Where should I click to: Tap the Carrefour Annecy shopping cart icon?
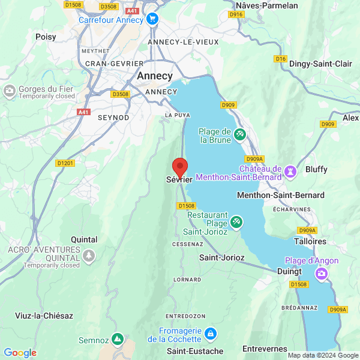pos(152,20)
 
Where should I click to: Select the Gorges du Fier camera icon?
pos(10,91)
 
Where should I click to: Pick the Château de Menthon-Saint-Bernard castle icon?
pos(290,171)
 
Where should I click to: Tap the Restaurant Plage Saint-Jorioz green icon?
pos(236,222)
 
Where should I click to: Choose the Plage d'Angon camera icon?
pos(322,274)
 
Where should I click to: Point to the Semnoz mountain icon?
pos(118,340)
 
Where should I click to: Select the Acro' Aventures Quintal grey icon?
pos(89,256)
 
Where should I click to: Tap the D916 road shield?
pos(236,14)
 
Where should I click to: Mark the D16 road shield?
pos(280,58)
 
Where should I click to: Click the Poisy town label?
pos(46,37)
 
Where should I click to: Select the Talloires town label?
pos(310,241)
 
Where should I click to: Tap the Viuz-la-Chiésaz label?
pos(45,316)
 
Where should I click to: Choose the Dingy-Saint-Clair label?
pos(319,64)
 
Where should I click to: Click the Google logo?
pos(20,353)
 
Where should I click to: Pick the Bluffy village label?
pos(316,169)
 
